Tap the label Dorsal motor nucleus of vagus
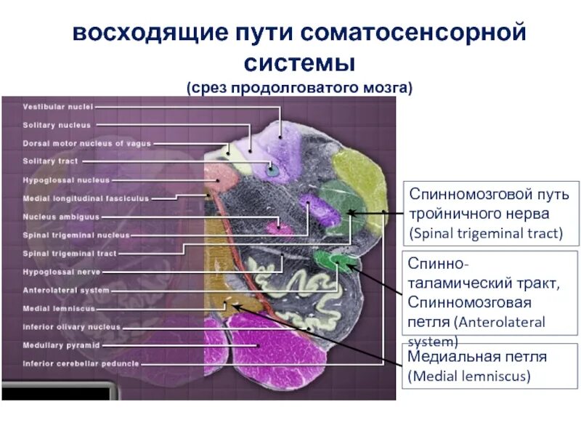click(x=86, y=143)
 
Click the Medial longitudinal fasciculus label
click(x=86, y=198)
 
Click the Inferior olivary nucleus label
click(x=71, y=327)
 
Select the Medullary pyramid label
click(x=61, y=345)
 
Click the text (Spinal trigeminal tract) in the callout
click(x=485, y=233)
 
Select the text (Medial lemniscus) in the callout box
click(x=469, y=376)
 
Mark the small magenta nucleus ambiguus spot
click(x=275, y=227)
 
